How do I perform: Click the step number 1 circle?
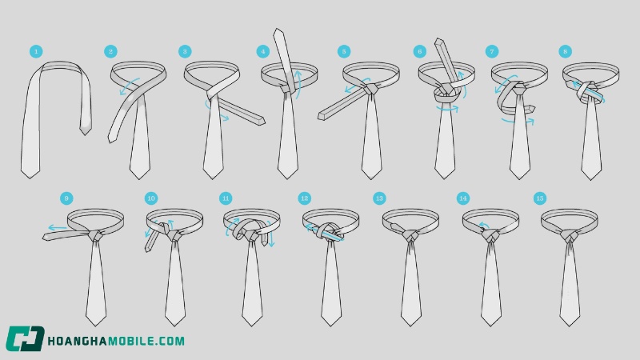tap(36, 51)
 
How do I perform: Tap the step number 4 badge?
tap(263, 51)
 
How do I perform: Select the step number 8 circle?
tap(566, 51)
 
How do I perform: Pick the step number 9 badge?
tap(66, 198)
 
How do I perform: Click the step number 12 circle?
tap(305, 198)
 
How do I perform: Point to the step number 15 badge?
tap(540, 198)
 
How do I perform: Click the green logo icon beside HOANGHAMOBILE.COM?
tap(25, 338)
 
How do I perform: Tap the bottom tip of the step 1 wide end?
tap(30, 178)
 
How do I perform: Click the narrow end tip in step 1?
tap(86, 134)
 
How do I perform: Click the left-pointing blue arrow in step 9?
tap(57, 228)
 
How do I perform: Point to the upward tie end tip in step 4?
tap(278, 30)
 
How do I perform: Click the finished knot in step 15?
tap(570, 235)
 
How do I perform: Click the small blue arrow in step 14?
tap(484, 225)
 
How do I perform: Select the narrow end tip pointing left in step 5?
tap(321, 116)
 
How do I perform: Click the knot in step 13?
tap(410, 236)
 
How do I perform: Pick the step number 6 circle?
tap(419, 51)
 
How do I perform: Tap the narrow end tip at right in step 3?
tap(262, 122)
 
